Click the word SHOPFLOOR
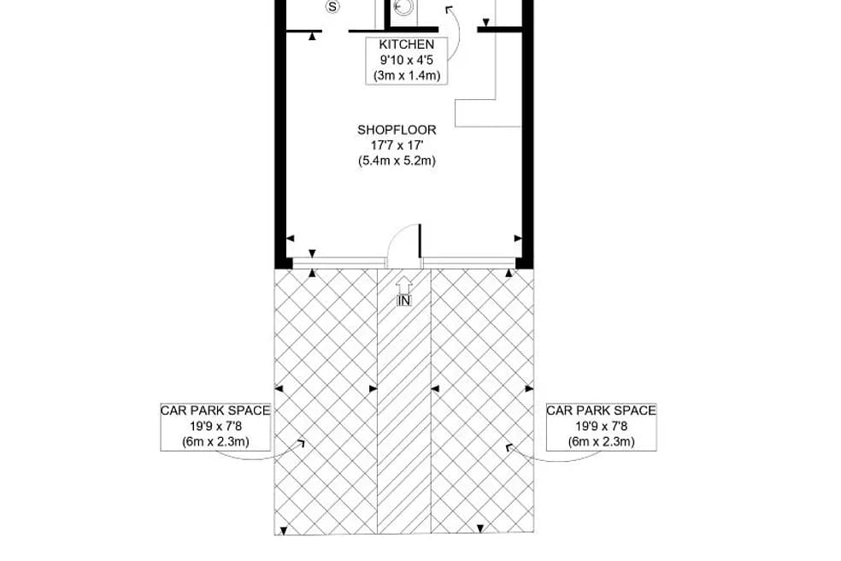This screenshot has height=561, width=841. pyautogui.click(x=397, y=130)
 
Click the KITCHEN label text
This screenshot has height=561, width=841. pyautogui.click(x=406, y=44)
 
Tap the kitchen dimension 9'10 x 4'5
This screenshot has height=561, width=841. pyautogui.click(x=406, y=60)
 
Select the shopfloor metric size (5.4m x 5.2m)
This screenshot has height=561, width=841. pyautogui.click(x=397, y=161)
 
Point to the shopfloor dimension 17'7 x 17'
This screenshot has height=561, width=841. pyautogui.click(x=397, y=145)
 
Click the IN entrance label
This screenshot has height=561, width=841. pyautogui.click(x=404, y=300)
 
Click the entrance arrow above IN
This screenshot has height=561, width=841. pyautogui.click(x=404, y=284)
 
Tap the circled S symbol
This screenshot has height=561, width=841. pyautogui.click(x=332, y=7)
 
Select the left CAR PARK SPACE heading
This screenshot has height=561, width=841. pyautogui.click(x=215, y=410)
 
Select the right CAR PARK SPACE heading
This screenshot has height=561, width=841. pyautogui.click(x=602, y=410)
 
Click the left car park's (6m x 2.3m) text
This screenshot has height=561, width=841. pyautogui.click(x=215, y=442)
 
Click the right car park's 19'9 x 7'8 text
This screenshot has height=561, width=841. pyautogui.click(x=602, y=426)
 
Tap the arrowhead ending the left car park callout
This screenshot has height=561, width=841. pyautogui.click(x=301, y=443)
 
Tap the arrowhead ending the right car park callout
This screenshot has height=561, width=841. pyautogui.click(x=509, y=446)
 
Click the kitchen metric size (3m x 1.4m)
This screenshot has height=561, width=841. pyautogui.click(x=406, y=75)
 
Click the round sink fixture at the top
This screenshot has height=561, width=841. pyautogui.click(x=404, y=7)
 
